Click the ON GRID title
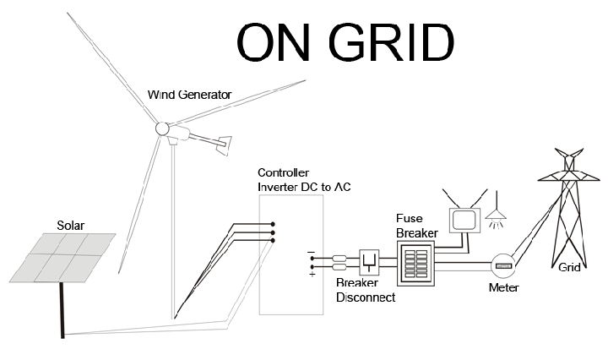345,42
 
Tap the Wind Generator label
190,95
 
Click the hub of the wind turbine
162,128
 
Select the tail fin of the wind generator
225,145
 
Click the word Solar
71,226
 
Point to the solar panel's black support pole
62,310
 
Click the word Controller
283,172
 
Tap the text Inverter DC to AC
304,187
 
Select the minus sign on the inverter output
311,252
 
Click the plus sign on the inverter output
312,275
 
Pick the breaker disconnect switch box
369,263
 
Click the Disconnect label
366,297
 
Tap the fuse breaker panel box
415,263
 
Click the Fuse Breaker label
417,226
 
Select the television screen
464,221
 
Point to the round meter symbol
503,265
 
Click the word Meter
503,287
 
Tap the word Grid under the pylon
569,267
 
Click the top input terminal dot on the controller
273,224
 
